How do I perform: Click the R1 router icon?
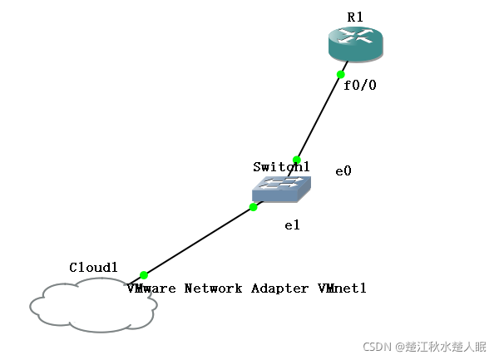[355, 43]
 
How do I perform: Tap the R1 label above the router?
[356, 17]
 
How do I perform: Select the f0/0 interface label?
[360, 85]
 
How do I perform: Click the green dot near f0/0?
[341, 75]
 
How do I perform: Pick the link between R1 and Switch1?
[319, 117]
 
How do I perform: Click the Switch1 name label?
[281, 167]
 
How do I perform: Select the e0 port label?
[343, 171]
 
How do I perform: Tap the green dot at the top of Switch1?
[296, 160]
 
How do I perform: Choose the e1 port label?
[292, 225]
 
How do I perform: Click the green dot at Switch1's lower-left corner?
[254, 207]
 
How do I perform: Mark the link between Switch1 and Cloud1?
[200, 240]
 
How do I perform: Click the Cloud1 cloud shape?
[91, 306]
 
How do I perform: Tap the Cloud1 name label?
[94, 268]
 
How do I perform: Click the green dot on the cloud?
[144, 274]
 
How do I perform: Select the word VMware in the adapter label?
[150, 288]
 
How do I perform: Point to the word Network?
[212, 288]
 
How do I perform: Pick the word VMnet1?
[342, 288]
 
